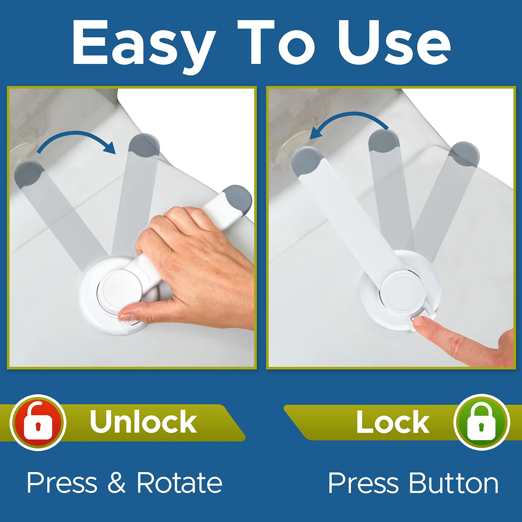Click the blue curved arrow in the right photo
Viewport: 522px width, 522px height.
point(348,122)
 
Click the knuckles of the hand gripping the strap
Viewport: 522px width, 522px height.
point(173,219)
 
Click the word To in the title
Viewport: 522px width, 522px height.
point(276,43)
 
